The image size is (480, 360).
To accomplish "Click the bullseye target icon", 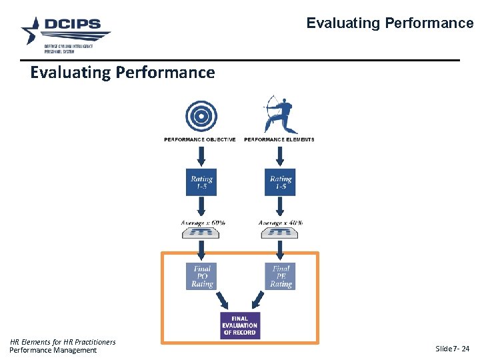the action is coord(201,116).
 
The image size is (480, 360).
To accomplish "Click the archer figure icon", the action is coord(279,114).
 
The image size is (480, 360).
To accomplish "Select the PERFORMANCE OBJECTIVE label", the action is coord(200,139).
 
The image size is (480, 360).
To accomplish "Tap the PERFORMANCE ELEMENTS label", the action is coord(279,139).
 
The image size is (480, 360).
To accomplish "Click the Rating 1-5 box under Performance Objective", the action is coord(201,182).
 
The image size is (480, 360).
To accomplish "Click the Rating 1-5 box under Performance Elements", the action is coord(281,182).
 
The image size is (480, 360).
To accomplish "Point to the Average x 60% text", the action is coord(203,222).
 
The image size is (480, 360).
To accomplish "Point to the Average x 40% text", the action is coord(280,222).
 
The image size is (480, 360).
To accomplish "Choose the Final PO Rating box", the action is coord(201,276).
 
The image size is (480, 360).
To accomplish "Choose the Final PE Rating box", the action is coord(281,276).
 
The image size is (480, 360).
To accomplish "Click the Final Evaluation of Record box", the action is coord(239,325).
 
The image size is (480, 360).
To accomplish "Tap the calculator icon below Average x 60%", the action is coord(201,233).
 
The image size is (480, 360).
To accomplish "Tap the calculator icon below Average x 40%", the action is coord(280,233).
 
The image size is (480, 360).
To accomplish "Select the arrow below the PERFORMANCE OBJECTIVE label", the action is coord(201,157).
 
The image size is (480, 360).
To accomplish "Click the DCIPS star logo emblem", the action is coord(33,30).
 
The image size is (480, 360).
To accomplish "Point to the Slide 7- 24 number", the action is coord(452,349).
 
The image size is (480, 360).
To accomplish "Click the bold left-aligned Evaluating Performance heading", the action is coord(123,72).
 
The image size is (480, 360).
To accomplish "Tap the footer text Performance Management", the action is coord(53,350).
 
